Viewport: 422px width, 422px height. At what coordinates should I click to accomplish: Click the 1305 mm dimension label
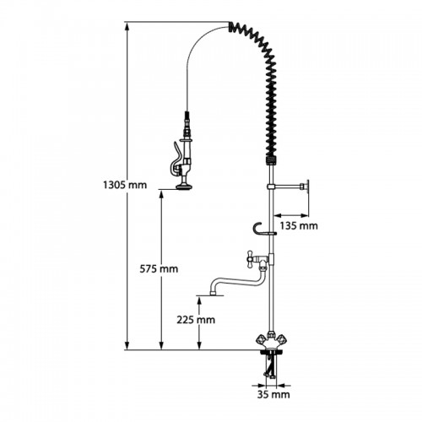coord(125,185)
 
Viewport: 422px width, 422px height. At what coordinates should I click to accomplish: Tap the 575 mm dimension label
coord(159,269)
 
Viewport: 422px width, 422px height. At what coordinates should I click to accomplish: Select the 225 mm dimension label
coord(196,320)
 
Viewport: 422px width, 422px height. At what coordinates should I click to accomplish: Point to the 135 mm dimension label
coord(299,225)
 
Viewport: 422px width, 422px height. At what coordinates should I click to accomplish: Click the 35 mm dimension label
coord(273,394)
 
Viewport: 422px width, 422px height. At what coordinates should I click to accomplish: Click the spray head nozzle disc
coord(184,186)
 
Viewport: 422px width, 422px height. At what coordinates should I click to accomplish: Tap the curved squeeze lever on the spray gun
coord(176,159)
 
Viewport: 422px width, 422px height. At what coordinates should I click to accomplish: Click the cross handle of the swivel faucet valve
coord(250,257)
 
